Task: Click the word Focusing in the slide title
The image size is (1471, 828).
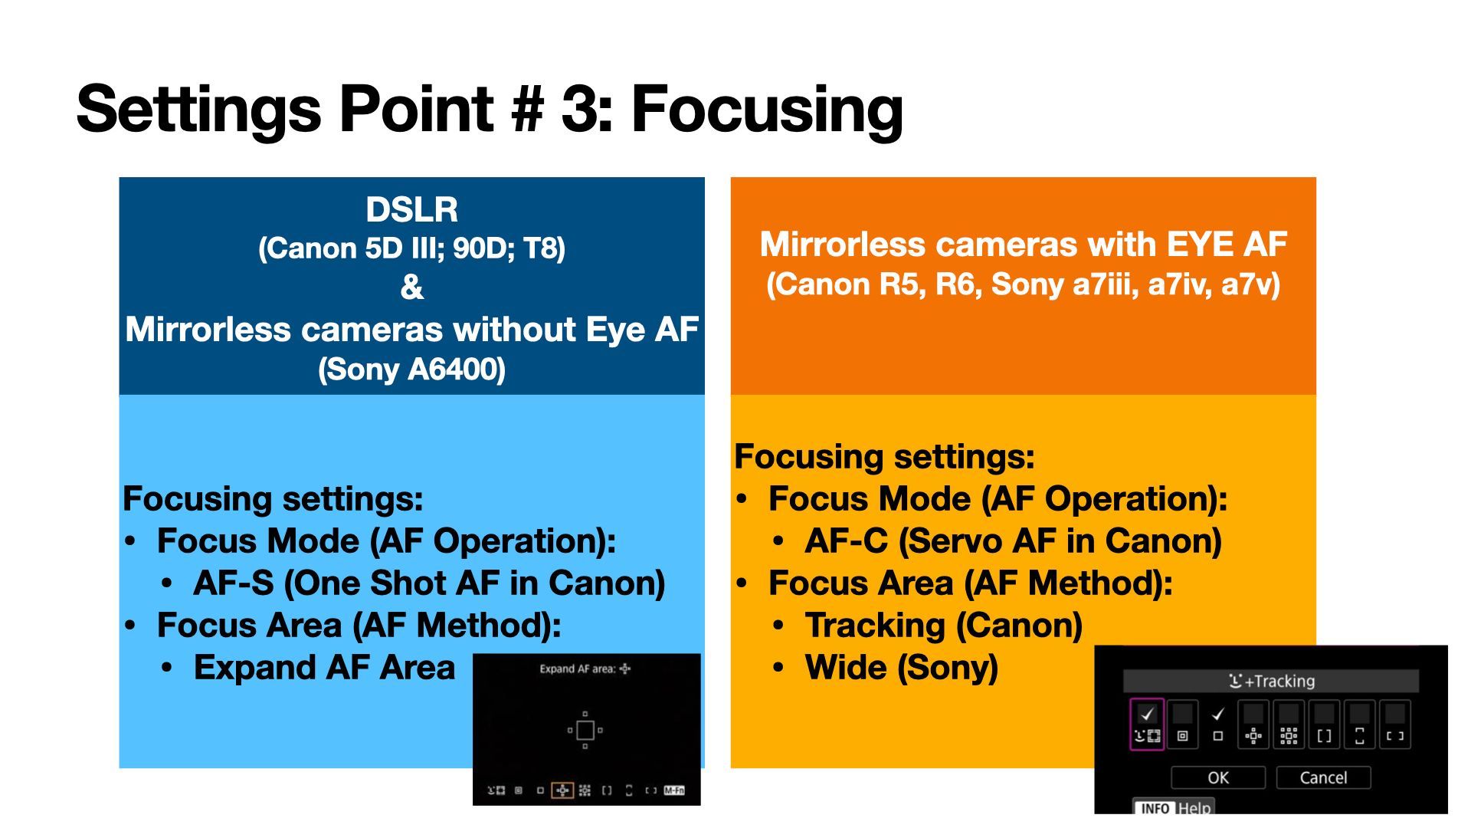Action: (x=767, y=110)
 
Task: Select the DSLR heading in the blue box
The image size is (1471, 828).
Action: (x=411, y=209)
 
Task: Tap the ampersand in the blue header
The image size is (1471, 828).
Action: (x=411, y=287)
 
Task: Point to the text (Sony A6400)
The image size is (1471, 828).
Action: (x=411, y=369)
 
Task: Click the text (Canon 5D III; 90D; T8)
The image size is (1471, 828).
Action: (x=411, y=248)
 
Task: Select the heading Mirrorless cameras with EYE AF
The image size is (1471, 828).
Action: (x=1024, y=245)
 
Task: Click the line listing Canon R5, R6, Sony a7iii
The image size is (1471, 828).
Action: (x=1024, y=284)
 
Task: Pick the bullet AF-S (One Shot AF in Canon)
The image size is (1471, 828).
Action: (x=429, y=583)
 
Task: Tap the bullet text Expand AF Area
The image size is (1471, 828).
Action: (x=324, y=667)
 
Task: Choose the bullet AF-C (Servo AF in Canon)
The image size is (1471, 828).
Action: (x=1013, y=540)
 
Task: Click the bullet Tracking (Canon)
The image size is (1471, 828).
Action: (x=943, y=625)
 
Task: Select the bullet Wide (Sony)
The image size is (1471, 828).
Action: (x=901, y=667)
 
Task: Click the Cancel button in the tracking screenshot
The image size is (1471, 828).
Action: (x=1323, y=777)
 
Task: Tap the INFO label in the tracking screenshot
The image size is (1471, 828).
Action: (x=1155, y=808)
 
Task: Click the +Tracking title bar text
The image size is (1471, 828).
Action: (x=1272, y=681)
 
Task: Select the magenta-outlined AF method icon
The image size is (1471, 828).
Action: (x=1147, y=724)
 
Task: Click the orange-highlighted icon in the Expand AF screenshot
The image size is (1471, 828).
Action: (x=562, y=790)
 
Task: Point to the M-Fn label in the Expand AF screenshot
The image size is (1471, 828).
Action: (x=674, y=790)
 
